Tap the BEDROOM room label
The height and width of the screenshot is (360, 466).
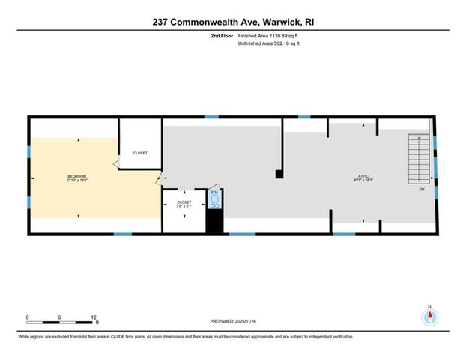(77, 176)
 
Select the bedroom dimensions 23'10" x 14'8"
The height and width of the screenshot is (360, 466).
(77, 181)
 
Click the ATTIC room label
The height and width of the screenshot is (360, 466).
(363, 176)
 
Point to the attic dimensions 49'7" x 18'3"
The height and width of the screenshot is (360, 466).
(363, 181)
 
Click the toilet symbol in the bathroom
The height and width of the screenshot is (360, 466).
(215, 200)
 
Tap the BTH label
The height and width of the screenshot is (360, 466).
(214, 193)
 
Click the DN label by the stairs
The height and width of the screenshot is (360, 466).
(420, 189)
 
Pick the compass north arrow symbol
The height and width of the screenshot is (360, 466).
(429, 316)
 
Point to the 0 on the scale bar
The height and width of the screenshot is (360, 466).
(27, 316)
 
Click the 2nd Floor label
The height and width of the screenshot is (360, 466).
(222, 36)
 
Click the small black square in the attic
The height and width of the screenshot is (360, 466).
(279, 175)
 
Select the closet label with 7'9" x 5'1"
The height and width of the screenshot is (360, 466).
(184, 203)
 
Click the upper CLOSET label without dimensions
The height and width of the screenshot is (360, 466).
(140, 153)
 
